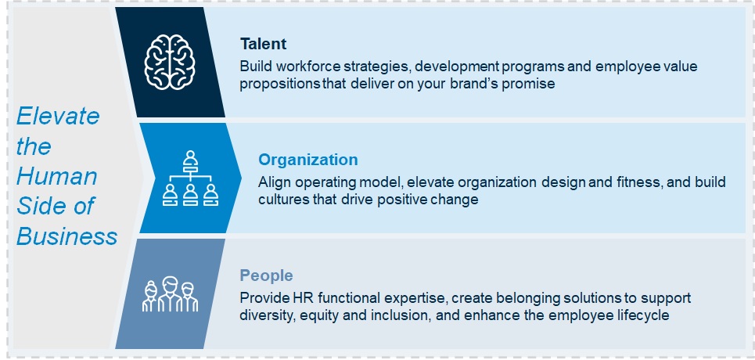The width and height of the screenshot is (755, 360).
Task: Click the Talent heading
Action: pos(263,44)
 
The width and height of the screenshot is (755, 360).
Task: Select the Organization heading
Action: pos(307,160)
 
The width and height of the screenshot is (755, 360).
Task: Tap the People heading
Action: pos(266,275)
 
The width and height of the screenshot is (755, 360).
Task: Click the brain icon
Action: pos(170,62)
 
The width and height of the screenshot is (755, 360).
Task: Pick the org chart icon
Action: pos(190,178)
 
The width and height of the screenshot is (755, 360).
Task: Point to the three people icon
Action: pos(170,294)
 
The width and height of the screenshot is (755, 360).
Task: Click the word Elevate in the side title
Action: pos(58,116)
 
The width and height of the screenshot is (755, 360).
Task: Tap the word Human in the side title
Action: pos(57,176)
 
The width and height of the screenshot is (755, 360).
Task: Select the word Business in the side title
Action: pos(67,236)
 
